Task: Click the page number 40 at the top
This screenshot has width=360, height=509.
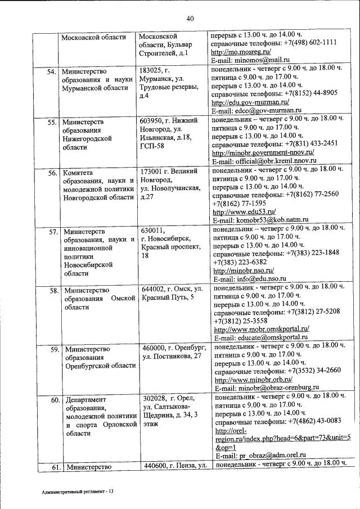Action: tap(190, 19)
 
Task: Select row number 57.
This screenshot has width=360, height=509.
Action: tap(53, 231)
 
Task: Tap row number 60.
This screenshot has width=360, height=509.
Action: tap(55, 401)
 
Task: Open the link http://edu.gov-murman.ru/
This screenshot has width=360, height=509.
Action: tap(250, 102)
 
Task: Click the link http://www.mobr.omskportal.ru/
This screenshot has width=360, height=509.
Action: tap(262, 329)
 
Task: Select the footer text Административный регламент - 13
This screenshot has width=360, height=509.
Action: tap(78, 492)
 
